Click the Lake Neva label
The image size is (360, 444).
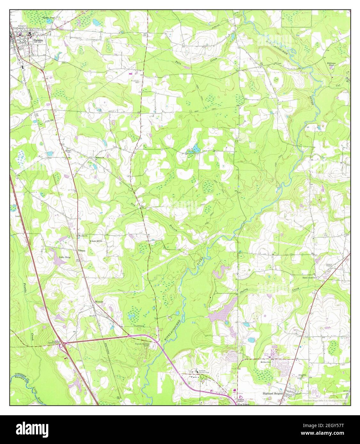[x=65, y=257]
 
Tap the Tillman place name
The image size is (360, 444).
[x=82, y=250]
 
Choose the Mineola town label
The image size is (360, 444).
[x=99, y=301]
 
